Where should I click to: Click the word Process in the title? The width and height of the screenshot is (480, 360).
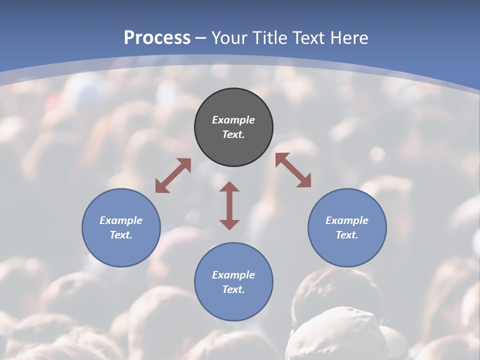[x=157, y=37]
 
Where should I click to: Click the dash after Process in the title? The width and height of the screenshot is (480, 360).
[x=200, y=38]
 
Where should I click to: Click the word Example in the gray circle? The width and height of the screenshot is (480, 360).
[x=233, y=120]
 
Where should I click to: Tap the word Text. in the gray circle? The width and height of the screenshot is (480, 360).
[x=233, y=134]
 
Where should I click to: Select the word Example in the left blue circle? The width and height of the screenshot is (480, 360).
[x=121, y=220]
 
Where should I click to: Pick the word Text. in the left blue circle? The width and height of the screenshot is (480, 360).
[x=121, y=235]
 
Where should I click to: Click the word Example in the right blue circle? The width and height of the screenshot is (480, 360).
[x=347, y=220]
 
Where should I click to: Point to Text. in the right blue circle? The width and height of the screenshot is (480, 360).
[x=347, y=235]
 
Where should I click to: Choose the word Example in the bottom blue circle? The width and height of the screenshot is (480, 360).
[x=233, y=275]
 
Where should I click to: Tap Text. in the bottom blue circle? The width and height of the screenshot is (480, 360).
[x=233, y=289]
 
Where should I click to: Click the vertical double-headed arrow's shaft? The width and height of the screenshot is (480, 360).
[x=229, y=205]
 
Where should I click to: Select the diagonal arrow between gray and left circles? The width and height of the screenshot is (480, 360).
[x=173, y=175]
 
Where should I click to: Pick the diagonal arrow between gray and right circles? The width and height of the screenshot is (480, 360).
[x=293, y=170]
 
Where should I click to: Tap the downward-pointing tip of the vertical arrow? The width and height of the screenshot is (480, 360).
[x=229, y=225]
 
